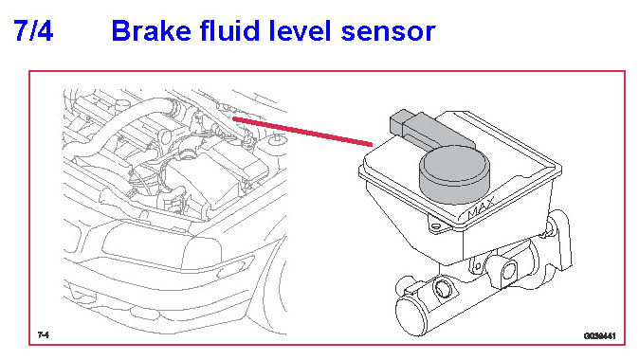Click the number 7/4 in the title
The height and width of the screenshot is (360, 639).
(x=33, y=30)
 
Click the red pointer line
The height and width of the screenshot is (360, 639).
(x=302, y=131)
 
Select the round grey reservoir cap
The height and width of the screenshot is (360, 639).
(x=454, y=175)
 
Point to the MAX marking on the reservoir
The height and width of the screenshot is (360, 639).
(x=481, y=207)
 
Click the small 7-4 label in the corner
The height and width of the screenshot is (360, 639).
(x=44, y=334)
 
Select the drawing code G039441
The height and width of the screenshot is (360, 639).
(x=599, y=336)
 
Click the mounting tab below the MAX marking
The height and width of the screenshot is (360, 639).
(x=437, y=225)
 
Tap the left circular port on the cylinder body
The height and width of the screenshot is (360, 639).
(x=442, y=288)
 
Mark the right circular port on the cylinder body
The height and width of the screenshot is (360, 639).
(x=509, y=270)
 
